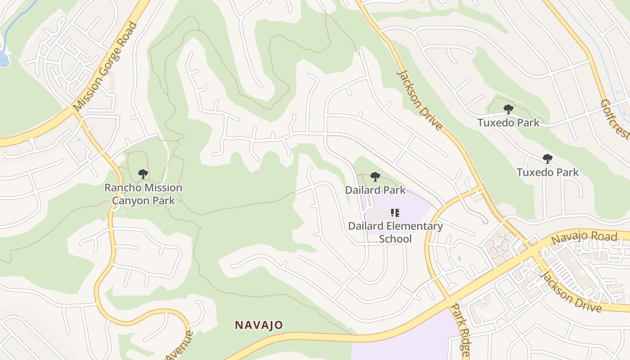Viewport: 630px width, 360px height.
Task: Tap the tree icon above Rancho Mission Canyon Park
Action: tap(143, 174)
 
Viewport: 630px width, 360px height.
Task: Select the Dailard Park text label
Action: tap(375, 190)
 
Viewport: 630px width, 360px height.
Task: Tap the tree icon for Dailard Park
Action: tap(375, 177)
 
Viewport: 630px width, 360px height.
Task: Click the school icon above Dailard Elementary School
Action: tap(395, 213)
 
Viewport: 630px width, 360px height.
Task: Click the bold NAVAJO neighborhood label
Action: tap(259, 325)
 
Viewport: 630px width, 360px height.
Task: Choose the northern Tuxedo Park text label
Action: tap(508, 122)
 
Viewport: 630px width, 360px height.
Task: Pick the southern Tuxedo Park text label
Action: tap(548, 172)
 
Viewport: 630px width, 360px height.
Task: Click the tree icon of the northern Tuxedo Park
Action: tap(508, 109)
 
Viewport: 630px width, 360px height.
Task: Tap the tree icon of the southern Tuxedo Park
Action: tap(547, 158)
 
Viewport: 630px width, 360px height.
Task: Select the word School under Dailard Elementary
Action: tap(395, 238)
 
